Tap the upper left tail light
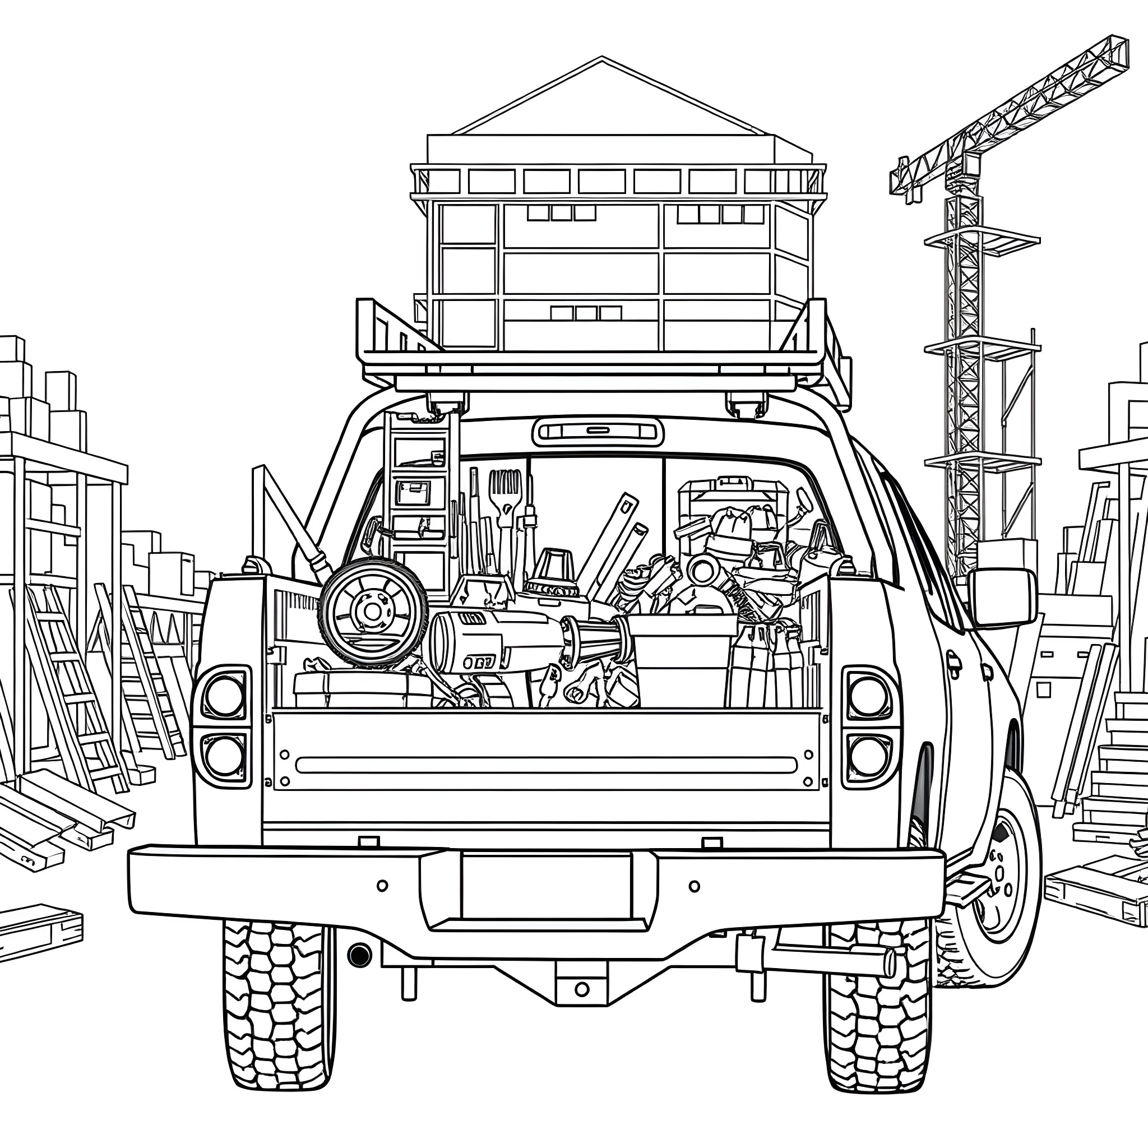coord(225,696)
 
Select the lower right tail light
coord(868,755)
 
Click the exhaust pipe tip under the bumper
coord(359,954)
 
